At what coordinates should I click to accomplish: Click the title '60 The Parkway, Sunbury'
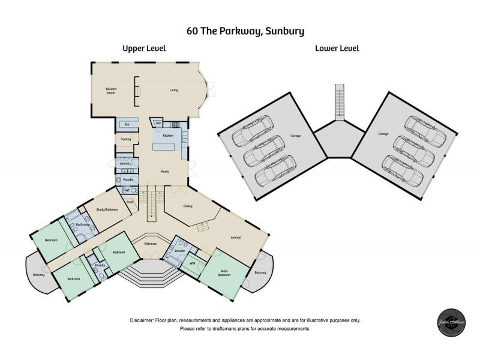pos(240,29)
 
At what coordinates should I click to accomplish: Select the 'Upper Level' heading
pos(144,49)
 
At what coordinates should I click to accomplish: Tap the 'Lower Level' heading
pos(337,49)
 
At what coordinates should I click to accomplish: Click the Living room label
pos(173,90)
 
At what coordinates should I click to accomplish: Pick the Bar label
pos(126,124)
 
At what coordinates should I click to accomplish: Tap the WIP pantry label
pos(158,124)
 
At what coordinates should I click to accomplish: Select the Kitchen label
pos(168,136)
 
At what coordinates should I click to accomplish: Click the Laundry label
pos(125,163)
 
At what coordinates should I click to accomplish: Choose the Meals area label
pos(164,172)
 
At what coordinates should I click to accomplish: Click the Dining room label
pos(188,206)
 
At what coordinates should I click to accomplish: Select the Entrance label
pos(150,244)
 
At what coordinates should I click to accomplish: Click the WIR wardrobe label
pos(193,263)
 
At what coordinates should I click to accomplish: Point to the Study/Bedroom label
pos(109,209)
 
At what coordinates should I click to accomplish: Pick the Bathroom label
pos(83,225)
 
